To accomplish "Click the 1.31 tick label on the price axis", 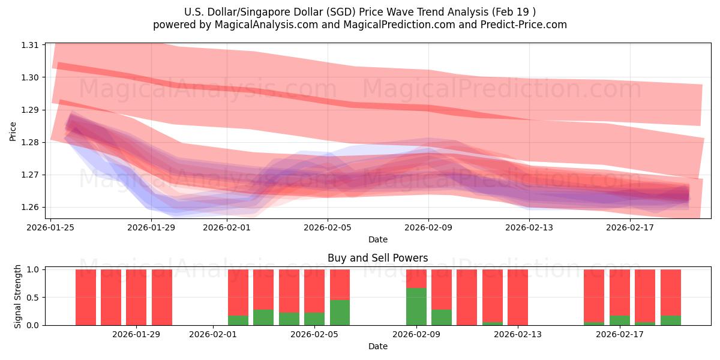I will coord(29,45).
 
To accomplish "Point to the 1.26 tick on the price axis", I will coord(29,208).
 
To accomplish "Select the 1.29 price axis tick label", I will coord(29,110).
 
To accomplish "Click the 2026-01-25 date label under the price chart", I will coord(51,227).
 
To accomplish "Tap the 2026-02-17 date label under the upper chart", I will coord(630,227).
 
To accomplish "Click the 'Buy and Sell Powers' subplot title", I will coord(377,259).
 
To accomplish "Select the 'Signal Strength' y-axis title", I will coord(18,296).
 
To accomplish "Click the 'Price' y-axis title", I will coord(13,131).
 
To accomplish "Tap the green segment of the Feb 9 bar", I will coord(416,307).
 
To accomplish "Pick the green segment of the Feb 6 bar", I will coord(340,313).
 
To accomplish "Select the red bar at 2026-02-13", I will coord(517,297).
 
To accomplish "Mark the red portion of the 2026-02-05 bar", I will coord(314,291).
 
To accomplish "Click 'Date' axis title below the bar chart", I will coord(377,346).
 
